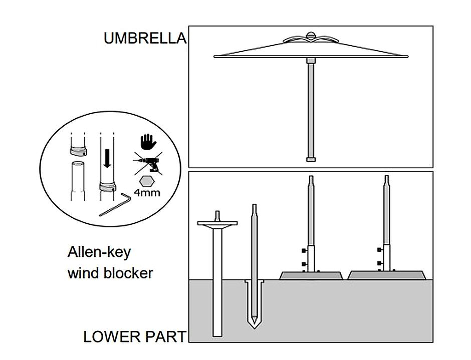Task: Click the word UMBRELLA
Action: click(144, 39)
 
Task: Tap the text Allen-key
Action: click(99, 251)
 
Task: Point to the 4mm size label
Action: click(147, 192)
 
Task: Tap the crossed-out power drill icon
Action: click(147, 164)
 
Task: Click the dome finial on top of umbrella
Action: click(311, 36)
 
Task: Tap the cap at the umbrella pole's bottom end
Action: click(311, 160)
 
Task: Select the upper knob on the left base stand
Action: click(304, 250)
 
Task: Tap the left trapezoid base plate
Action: click(311, 275)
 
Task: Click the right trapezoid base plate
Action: click(387, 275)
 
